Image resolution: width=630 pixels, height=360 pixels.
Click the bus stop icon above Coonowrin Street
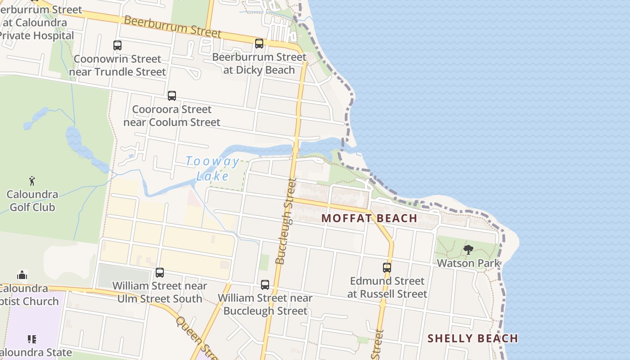(x=117, y=45)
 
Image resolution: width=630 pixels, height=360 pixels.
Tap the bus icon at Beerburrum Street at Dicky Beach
(x=259, y=44)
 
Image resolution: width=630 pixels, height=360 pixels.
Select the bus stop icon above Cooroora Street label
(x=172, y=96)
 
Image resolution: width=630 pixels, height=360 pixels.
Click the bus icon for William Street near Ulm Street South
(x=160, y=273)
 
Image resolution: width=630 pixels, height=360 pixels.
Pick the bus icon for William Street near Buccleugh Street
(x=265, y=285)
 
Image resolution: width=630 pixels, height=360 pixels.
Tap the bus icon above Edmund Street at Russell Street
(x=387, y=268)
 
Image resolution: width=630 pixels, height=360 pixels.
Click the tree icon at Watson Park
(x=468, y=250)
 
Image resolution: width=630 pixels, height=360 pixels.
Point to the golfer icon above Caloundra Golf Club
(x=32, y=181)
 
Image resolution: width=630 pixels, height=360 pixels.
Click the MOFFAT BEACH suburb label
(x=369, y=218)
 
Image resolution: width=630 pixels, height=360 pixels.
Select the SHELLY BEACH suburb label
(x=472, y=338)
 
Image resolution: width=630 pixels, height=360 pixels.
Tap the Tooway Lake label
(x=213, y=168)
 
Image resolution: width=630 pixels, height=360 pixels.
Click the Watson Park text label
(x=468, y=263)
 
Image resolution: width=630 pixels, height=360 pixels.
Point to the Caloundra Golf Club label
(x=32, y=201)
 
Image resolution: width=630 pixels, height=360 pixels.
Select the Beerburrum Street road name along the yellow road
(x=173, y=27)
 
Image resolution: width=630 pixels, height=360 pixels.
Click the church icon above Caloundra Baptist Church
(x=22, y=275)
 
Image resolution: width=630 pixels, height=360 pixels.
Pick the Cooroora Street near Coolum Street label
(x=172, y=116)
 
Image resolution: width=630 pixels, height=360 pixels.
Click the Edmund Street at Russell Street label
(x=387, y=287)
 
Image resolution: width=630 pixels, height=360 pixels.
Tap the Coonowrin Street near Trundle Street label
(x=117, y=65)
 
